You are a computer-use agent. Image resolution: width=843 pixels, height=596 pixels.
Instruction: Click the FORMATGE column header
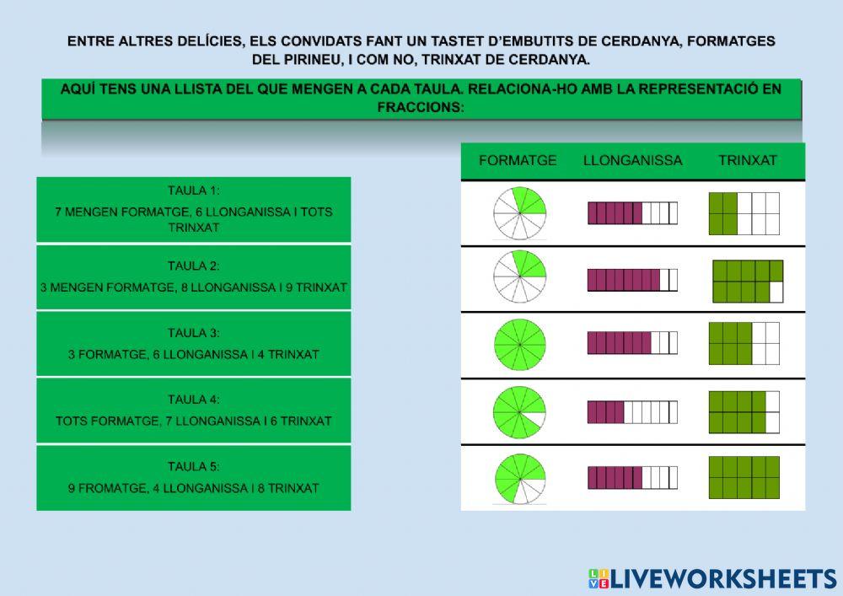point(518,160)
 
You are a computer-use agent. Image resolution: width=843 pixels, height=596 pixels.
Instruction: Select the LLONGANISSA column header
point(632,160)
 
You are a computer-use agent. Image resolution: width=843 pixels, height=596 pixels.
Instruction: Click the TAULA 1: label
point(193,191)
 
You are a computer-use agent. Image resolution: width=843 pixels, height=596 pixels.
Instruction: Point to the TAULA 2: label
point(193,266)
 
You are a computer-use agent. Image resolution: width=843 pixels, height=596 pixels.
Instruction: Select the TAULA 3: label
point(193,333)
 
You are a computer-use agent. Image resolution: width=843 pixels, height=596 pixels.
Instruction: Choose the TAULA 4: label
point(193,400)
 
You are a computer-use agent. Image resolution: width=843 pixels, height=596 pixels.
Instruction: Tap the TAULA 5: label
point(193,466)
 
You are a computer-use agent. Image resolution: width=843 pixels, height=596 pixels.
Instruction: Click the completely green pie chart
point(519,344)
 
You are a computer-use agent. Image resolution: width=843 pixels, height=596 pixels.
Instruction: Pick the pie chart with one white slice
point(519,411)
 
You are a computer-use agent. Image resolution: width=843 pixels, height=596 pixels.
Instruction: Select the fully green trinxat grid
point(744,478)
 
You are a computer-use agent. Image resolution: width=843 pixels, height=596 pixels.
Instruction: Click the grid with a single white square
point(748,281)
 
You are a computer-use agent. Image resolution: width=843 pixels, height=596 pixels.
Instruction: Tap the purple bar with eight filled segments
point(632,279)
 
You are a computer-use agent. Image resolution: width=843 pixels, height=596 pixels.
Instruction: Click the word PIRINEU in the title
point(320,59)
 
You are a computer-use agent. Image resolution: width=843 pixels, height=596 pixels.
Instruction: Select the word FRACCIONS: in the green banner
point(421,108)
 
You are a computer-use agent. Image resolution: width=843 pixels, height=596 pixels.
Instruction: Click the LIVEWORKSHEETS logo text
point(722,578)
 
